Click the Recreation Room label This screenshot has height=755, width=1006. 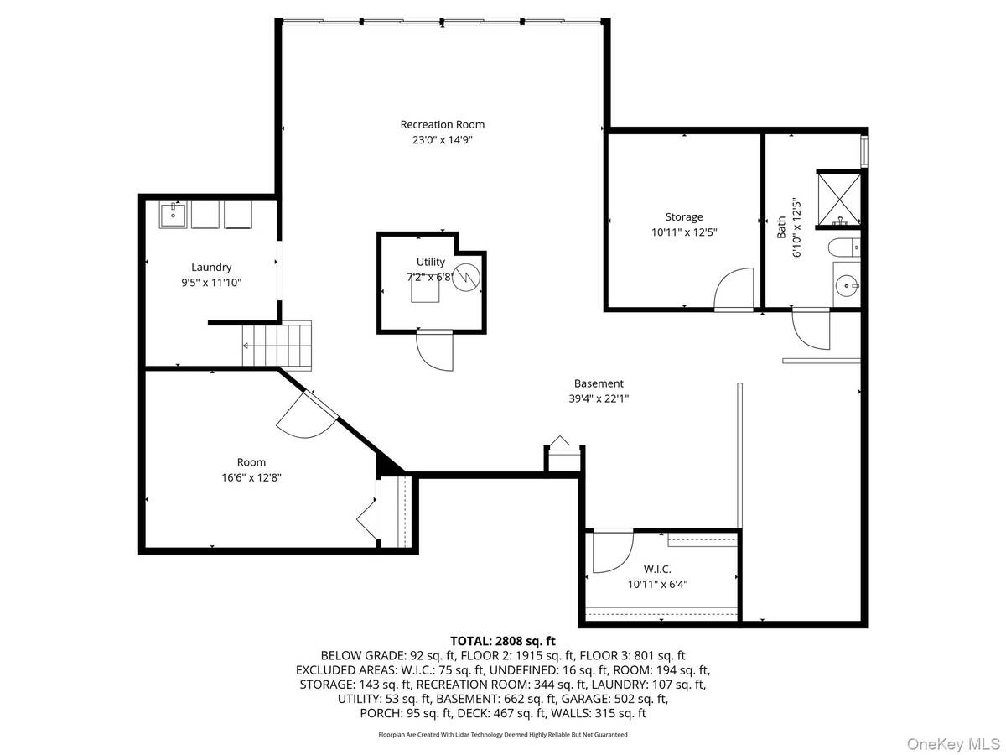click(x=442, y=125)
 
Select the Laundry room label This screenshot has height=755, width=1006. click(x=210, y=268)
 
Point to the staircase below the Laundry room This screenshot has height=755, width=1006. click(x=277, y=345)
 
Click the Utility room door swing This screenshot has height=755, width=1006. click(x=435, y=351)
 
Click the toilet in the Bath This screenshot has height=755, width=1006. click(x=842, y=247)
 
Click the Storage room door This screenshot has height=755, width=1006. click(x=734, y=290)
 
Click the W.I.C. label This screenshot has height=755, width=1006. click(x=658, y=569)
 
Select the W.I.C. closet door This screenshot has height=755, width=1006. click(x=611, y=552)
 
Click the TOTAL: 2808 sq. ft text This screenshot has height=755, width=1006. click(x=502, y=641)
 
